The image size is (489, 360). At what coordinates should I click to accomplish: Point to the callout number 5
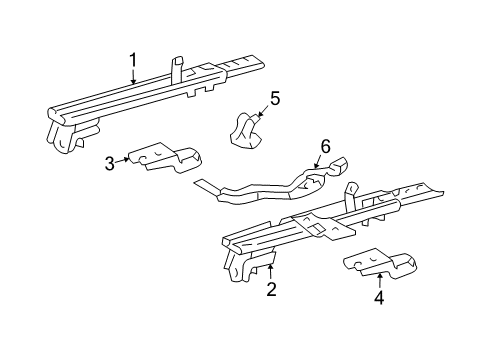tap(275, 98)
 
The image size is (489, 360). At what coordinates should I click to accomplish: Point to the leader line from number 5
tap(264, 109)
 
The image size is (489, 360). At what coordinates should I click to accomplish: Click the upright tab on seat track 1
tap(177, 68)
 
